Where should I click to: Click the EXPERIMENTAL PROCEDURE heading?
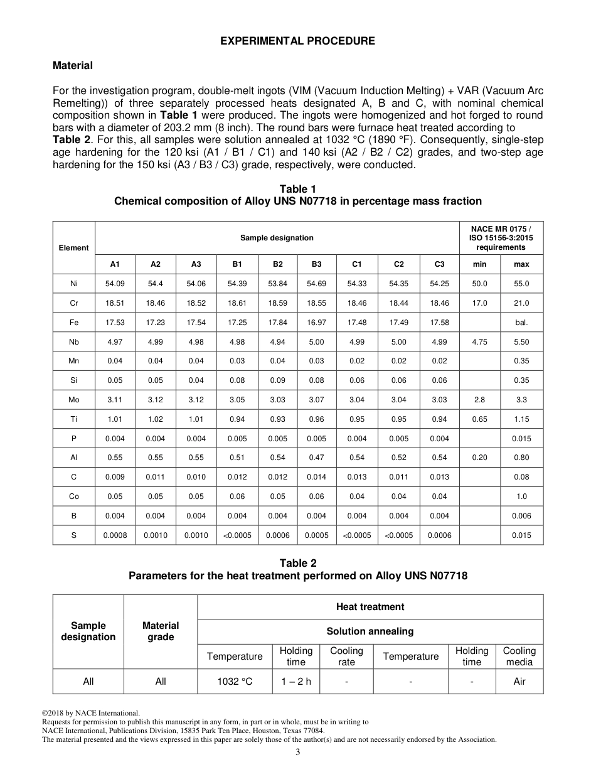297,41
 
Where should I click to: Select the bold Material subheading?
73,65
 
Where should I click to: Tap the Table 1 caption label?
297,189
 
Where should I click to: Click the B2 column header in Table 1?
277,264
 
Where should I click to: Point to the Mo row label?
74,400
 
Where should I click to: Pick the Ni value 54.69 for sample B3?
316,284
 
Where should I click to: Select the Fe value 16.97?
316,323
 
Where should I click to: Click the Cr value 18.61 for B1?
237,303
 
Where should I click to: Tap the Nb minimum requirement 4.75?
479,342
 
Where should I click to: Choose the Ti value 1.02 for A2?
155,419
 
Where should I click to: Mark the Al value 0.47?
316,458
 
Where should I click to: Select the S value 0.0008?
115,535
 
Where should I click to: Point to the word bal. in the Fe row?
521,323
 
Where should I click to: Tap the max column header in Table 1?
521,264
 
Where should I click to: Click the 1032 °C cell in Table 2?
235,682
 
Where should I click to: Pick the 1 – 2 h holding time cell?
295,682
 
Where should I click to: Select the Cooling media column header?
519,657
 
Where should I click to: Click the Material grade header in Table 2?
161,631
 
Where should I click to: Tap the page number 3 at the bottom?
298,753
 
